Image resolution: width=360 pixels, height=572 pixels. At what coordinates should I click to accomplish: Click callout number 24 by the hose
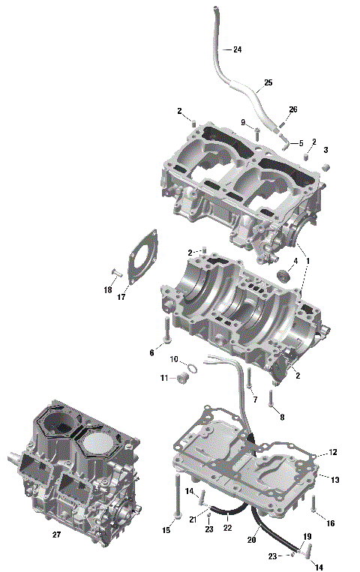point(237,49)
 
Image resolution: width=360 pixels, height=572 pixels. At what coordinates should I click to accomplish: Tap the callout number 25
point(268,82)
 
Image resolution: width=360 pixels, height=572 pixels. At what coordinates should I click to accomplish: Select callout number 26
point(292,109)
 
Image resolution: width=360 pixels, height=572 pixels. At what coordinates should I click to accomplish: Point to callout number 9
point(243,122)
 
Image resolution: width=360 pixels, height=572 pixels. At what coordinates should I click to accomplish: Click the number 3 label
point(325,150)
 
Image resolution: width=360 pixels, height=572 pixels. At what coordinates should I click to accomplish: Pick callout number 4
point(295,261)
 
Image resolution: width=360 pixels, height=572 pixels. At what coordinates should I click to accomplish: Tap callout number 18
point(108,289)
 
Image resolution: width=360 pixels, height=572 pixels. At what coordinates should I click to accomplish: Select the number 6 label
point(151,352)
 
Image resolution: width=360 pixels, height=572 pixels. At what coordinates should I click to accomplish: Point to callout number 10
point(173,360)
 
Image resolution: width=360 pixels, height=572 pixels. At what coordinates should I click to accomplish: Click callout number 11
point(164,378)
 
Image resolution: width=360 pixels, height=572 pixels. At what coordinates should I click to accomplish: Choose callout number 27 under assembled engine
point(56,535)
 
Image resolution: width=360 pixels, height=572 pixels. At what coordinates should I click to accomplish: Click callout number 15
point(166,531)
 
